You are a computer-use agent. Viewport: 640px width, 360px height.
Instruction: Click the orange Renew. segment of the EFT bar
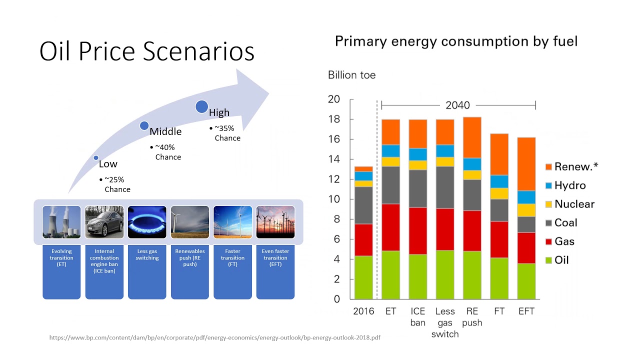coord(526,164)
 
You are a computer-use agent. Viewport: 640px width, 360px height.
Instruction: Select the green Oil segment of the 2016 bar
coord(363,277)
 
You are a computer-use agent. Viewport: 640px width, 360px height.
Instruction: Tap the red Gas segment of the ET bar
coord(390,227)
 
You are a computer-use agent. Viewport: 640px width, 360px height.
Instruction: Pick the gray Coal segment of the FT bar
coord(499,210)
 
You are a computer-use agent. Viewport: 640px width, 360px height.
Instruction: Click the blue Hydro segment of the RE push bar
coord(472,164)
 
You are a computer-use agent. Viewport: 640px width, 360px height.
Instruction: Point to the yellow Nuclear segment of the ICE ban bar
coord(417,165)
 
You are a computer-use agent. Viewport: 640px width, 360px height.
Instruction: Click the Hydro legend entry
coord(565,185)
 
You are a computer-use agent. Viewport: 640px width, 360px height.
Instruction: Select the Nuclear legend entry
coord(569,204)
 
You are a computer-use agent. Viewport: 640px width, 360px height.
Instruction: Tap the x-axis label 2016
coord(363,311)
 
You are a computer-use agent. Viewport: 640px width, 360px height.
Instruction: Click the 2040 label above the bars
coord(457,105)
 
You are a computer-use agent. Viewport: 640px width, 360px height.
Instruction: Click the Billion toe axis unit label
coord(351,75)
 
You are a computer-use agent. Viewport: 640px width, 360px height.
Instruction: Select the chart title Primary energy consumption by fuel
coord(456,41)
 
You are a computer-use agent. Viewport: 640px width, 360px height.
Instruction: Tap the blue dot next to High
coord(201,106)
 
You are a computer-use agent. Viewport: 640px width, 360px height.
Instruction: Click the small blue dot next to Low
coord(96,157)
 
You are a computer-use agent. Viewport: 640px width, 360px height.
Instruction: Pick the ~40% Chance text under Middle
coord(165,152)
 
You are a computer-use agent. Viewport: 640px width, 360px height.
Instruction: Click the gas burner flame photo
coord(147,222)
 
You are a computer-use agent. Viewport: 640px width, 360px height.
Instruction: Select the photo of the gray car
coord(104,222)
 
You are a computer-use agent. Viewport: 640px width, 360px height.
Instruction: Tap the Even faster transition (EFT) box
coord(275,271)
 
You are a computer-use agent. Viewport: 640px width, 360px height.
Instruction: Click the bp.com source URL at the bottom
coord(215,337)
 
